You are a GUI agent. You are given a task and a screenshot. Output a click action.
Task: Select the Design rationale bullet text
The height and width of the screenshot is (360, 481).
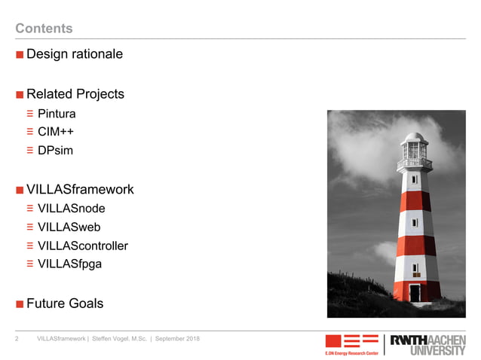tap(74, 54)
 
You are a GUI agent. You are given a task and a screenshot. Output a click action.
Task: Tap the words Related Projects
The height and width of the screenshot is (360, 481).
tap(75, 94)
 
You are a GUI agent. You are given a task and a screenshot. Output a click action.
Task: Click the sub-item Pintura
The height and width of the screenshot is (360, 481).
tap(57, 114)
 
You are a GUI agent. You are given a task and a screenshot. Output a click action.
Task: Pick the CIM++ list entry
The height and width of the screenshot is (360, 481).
tap(55, 132)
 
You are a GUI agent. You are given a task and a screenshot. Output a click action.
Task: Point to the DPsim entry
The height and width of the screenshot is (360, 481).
tap(55, 150)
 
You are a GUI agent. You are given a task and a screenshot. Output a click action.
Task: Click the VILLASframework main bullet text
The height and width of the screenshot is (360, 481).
tap(80, 189)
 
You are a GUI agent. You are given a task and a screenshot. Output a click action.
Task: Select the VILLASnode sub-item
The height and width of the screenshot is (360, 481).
tap(71, 209)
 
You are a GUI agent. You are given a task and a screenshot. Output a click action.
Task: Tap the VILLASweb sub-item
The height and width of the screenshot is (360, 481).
tap(69, 227)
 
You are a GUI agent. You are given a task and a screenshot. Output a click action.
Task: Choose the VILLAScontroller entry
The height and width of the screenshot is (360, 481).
tap(82, 246)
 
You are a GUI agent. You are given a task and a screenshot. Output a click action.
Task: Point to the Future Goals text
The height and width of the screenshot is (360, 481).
tap(65, 304)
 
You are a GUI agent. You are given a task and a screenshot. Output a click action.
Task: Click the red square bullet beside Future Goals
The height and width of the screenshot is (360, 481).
tap(20, 304)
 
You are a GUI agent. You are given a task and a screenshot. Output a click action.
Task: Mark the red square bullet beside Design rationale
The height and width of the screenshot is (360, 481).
tap(20, 55)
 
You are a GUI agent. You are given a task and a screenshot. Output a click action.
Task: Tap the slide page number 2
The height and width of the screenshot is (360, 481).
tap(17, 339)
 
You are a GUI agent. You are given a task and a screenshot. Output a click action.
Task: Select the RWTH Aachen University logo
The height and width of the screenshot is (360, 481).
tap(427, 344)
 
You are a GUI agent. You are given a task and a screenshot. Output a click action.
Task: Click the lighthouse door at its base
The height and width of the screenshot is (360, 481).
tap(415, 292)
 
